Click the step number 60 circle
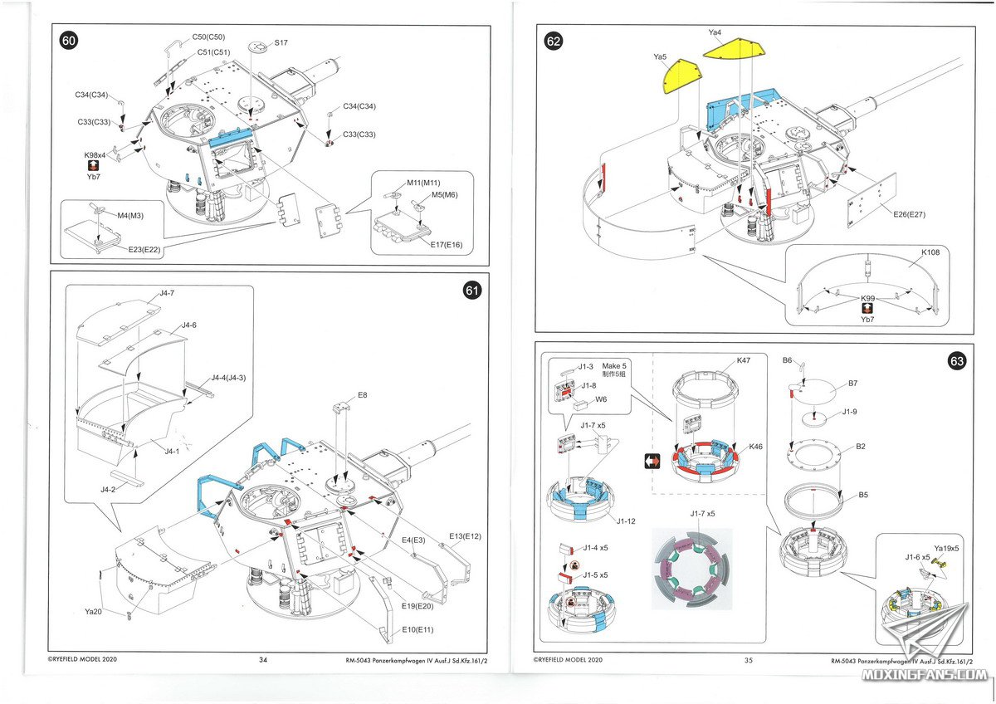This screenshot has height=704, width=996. point(68,41)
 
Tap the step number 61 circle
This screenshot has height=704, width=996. point(471,291)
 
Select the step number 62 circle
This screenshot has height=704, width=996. point(553,42)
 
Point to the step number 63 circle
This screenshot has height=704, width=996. point(957,361)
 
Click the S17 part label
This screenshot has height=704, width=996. point(281,42)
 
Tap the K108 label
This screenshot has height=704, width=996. point(930,252)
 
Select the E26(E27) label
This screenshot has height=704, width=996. point(910,214)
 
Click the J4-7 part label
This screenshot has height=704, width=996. point(167,293)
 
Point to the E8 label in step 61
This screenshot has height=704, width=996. point(363,395)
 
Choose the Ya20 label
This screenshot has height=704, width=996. point(93,612)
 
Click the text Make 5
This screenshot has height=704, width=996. point(614,366)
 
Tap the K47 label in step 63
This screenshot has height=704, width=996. point(744,360)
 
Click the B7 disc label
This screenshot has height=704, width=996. point(852,384)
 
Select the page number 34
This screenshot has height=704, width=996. point(263,660)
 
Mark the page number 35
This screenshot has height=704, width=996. point(749,661)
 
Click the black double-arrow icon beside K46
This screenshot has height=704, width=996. point(652,461)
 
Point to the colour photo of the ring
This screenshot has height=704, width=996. point(691,569)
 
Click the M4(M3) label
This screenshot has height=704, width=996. point(130,216)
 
